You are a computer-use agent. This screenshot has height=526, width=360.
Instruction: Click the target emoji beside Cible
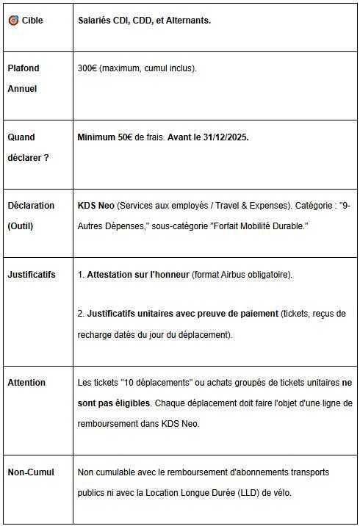pos(13,21)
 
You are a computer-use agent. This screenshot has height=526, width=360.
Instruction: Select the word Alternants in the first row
pos(187,21)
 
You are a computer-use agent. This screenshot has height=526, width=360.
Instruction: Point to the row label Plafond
pos(24,68)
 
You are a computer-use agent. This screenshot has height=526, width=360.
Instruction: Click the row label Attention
pos(26,383)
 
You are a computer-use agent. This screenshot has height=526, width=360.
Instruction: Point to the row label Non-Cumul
pos(31,472)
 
